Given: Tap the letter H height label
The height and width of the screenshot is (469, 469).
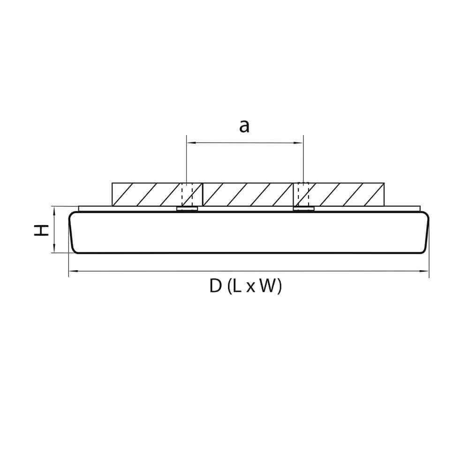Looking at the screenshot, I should [43, 230].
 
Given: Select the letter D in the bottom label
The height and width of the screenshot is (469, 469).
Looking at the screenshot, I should [215, 286].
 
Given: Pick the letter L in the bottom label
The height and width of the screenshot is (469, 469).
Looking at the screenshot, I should [237, 286].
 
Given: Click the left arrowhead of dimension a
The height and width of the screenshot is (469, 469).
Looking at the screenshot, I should [189, 143].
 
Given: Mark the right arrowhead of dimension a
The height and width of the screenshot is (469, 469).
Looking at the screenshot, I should [301, 143].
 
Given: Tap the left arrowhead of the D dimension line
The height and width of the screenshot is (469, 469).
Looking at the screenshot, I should [71, 271].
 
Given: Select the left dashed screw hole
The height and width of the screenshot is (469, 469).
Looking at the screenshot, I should [187, 194].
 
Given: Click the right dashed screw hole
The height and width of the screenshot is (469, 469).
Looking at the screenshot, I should [303, 194].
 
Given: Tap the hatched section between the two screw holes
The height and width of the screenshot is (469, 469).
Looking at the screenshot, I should [248, 194].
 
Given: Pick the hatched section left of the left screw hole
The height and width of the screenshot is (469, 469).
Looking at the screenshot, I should [145, 194].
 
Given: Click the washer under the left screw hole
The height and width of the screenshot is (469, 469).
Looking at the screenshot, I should [187, 209].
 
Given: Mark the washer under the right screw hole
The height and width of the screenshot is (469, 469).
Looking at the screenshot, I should [303, 209].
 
